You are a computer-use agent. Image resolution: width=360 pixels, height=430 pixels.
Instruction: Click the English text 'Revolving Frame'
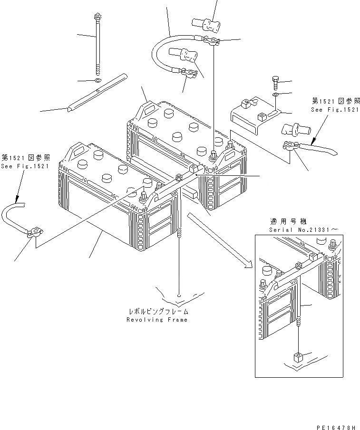tap(157, 320)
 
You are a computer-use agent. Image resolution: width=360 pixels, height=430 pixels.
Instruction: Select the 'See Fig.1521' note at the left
tap(25, 166)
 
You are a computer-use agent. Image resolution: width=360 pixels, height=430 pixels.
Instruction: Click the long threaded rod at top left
tap(98, 43)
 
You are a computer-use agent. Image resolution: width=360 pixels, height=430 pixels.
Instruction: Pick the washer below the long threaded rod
tap(97, 79)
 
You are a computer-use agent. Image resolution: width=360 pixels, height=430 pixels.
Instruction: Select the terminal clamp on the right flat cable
tap(290, 147)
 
